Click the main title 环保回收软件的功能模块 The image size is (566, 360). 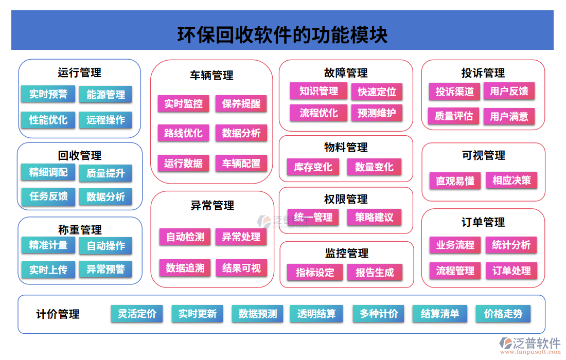coord(282,35)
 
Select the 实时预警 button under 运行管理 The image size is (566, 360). coord(48,94)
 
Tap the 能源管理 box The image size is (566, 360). coord(105,95)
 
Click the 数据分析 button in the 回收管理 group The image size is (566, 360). coord(105,196)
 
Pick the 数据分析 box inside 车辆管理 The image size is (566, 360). coord(241,133)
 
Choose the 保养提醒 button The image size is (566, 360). coord(241,103)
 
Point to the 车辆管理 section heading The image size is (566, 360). coord(211,76)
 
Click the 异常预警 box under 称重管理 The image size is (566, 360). coord(105,269)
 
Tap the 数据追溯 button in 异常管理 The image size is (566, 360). coord(185,268)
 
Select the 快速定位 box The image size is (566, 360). coord(377,92)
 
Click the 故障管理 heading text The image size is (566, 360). coord(346,73)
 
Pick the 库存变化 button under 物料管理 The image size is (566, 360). coord(313,167)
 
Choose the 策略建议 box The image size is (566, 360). coord(374,218)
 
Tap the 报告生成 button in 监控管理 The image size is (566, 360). coord(375,273)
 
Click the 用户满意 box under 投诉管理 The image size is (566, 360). coord(509,116)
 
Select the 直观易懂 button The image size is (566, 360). coord(455,181)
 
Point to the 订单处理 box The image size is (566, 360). coord(511,271)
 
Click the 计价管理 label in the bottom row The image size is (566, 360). coord(58,314)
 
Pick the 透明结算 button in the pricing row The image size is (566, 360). coord(316,314)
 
